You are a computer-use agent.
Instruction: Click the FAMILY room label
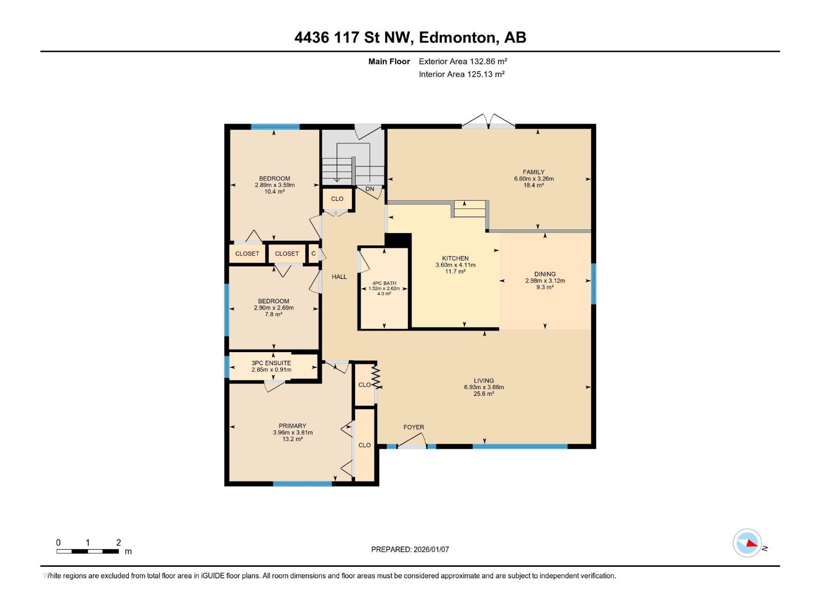click(x=533, y=172)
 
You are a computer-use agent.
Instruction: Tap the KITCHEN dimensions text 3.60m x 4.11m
click(x=455, y=265)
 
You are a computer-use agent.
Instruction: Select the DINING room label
click(x=544, y=274)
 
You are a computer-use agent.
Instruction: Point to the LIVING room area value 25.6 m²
click(x=483, y=394)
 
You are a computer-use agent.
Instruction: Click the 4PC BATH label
click(x=384, y=283)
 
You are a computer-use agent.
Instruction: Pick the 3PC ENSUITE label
click(x=271, y=363)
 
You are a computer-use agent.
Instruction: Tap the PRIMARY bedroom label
click(x=292, y=426)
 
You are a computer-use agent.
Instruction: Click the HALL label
click(x=339, y=277)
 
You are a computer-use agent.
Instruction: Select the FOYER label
click(x=414, y=427)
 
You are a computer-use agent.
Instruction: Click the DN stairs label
click(x=370, y=189)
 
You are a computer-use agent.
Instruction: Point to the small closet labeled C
click(x=314, y=253)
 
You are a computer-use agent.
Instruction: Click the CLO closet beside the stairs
click(x=337, y=199)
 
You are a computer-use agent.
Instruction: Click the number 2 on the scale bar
click(x=119, y=543)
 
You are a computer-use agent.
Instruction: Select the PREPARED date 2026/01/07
click(x=431, y=549)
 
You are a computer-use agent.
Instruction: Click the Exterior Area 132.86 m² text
click(x=463, y=61)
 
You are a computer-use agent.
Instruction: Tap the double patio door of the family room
click(x=488, y=122)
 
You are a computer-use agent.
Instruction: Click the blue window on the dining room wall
click(x=594, y=283)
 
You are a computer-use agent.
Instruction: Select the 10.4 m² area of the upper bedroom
click(x=275, y=191)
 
